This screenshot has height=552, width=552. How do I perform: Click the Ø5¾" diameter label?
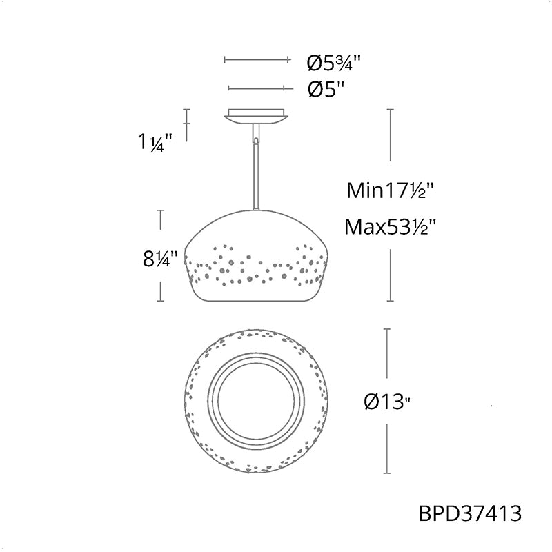tap(333, 63)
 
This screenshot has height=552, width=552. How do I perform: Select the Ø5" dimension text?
tap(326, 90)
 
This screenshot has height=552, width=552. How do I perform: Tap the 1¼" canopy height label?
tap(155, 143)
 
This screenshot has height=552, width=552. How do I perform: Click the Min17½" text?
tap(390, 190)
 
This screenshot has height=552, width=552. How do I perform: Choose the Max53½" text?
tap(390, 227)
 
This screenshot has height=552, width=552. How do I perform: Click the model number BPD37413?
tap(470, 513)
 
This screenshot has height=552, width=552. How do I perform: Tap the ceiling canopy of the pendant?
tap(256, 116)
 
